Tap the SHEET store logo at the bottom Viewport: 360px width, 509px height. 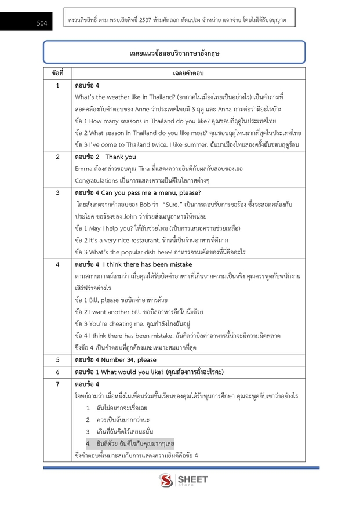[183, 481]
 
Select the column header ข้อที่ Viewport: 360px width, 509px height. [57, 74]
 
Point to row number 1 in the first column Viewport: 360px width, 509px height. [57, 85]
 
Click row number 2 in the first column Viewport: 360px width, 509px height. [57, 157]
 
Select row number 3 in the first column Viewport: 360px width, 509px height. [57, 192]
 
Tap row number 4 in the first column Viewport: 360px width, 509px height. [57, 264]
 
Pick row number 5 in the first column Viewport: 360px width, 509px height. [57, 359]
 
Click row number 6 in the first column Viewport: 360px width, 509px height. [57, 372]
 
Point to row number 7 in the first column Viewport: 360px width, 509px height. [57, 384]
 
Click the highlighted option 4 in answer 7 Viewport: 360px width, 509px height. [131, 443]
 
